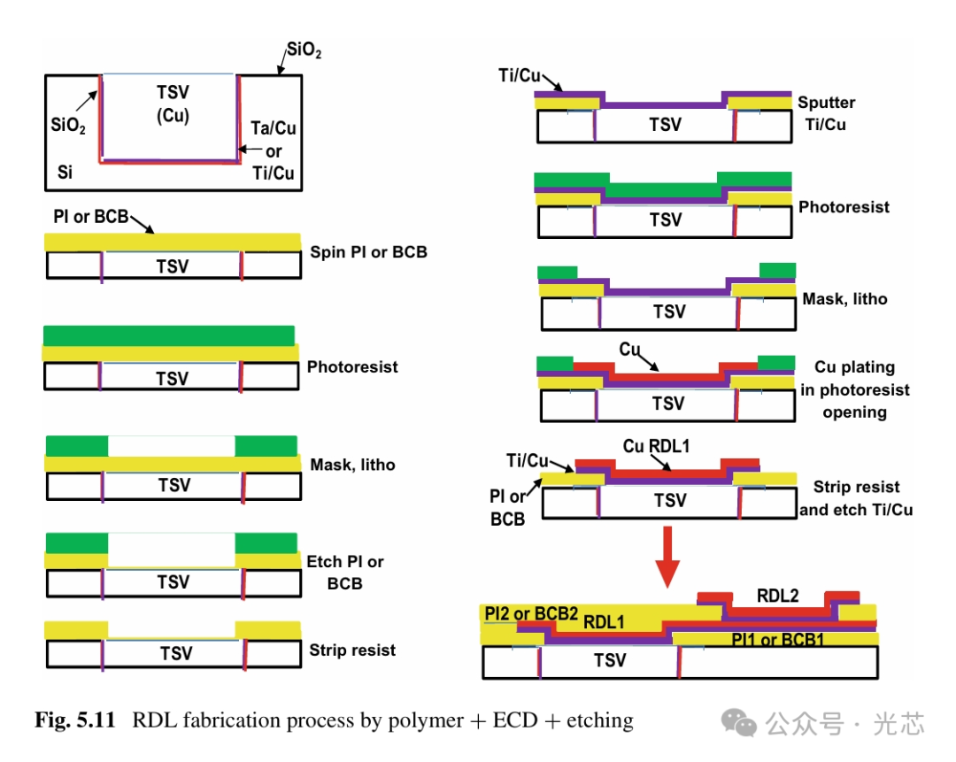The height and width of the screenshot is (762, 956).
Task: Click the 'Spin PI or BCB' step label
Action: coord(368,252)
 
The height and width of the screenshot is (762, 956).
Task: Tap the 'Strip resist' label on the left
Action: coord(352,650)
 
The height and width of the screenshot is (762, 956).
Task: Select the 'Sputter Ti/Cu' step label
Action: coord(826,113)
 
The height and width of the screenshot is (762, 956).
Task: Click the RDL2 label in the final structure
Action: coord(777,596)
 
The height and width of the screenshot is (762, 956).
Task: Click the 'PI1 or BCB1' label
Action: coord(777,639)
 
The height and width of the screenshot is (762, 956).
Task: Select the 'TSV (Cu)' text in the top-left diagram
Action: coord(173,104)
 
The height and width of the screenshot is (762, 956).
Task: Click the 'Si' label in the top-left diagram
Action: coord(65,172)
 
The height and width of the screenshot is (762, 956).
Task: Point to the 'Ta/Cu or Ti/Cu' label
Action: coord(274,151)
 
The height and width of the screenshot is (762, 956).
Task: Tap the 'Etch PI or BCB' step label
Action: coord(345,572)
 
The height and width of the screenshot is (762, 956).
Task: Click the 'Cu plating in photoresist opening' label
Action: coord(854,389)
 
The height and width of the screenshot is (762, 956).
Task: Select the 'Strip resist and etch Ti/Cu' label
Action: coord(856,498)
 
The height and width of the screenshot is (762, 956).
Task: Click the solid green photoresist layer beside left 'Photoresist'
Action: coord(168,335)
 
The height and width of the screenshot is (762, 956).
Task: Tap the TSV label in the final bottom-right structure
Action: coord(610,660)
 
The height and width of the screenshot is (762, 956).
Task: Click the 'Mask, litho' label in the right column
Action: coord(844,299)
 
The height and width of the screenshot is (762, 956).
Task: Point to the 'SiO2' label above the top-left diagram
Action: coord(304,52)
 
